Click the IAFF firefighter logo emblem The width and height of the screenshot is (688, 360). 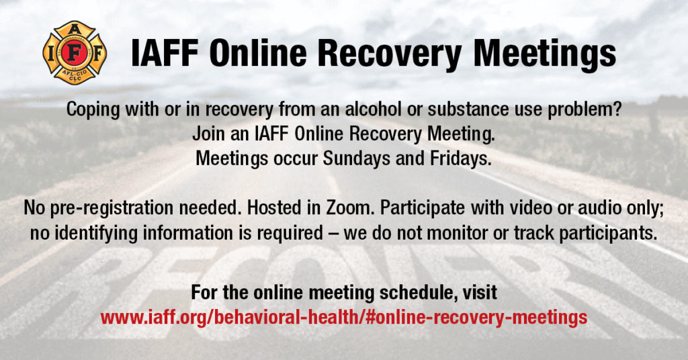click(75, 52)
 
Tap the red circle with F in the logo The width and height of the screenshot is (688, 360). click(75, 53)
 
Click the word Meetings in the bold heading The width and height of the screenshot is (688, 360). click(544, 54)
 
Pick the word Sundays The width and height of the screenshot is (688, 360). click(356, 159)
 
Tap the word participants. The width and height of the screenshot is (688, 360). click(609, 233)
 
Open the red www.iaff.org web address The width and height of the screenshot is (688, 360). click(343, 317)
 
